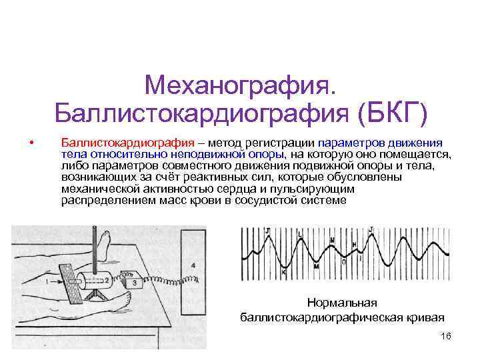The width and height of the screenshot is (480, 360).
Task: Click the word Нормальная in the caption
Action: click(342, 303)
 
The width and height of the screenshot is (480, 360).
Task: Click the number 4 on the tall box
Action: click(193, 265)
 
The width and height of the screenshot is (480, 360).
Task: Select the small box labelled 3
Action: click(134, 283)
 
